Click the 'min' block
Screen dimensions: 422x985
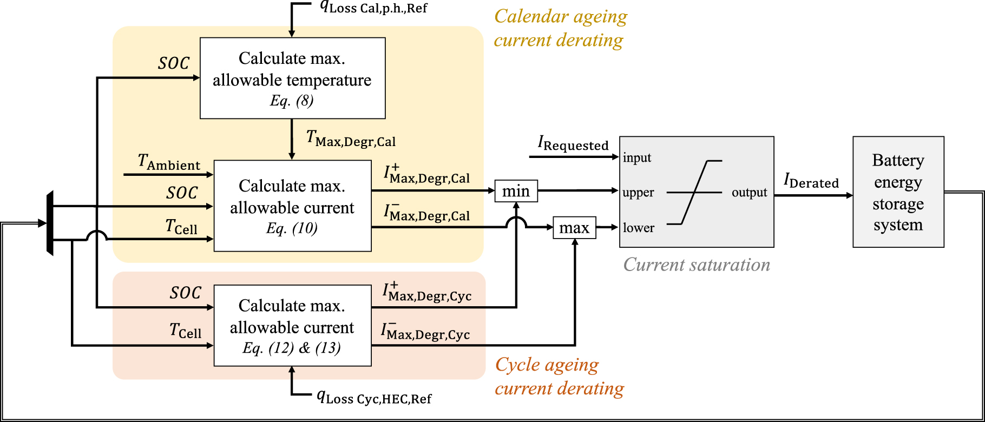point(516,191)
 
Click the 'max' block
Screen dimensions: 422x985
point(574,228)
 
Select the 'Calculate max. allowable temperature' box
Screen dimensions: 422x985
point(292,78)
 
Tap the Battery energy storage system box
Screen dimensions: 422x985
point(898,192)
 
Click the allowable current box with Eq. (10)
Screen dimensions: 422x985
point(292,206)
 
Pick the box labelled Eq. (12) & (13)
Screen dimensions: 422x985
point(292,326)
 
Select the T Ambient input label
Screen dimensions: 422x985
point(169,162)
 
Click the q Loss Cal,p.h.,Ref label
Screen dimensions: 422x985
point(373,8)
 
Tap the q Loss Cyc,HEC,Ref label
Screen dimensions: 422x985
point(374,398)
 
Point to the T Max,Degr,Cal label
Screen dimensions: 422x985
point(351,139)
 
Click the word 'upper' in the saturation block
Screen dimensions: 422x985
point(638,193)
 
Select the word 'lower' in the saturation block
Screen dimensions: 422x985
point(638,228)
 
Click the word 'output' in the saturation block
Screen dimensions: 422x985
point(749,193)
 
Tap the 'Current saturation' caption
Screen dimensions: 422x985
point(697,265)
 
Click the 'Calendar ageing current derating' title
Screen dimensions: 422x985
point(560,28)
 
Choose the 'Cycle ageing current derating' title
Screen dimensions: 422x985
point(559,377)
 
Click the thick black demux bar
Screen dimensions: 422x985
point(50,223)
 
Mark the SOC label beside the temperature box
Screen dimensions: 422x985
point(174,63)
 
